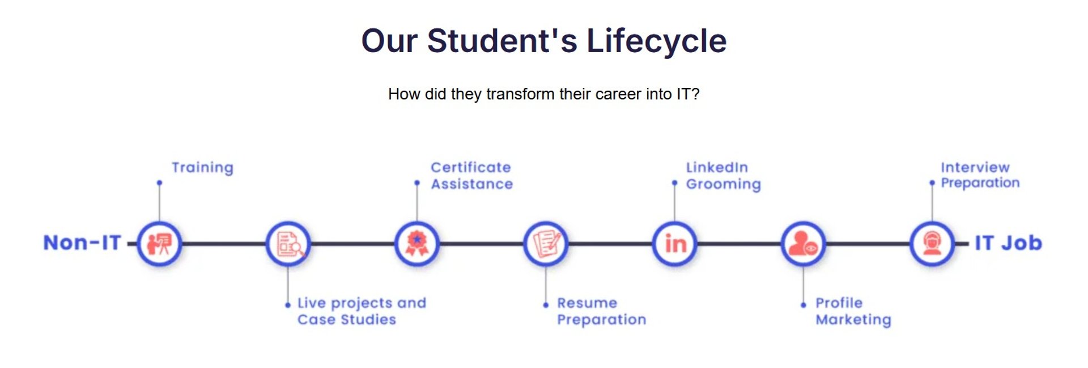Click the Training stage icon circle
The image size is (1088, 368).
click(x=160, y=244)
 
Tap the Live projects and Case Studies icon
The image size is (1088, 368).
click(x=288, y=244)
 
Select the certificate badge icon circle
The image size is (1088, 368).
click(x=417, y=244)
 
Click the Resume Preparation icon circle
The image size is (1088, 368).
click(x=546, y=244)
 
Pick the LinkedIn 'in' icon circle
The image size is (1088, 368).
click(x=675, y=244)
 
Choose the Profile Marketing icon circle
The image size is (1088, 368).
click(x=804, y=244)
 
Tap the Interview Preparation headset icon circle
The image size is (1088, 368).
click(x=932, y=244)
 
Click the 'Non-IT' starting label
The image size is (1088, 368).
click(x=82, y=243)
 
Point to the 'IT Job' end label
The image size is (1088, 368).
click(x=1008, y=243)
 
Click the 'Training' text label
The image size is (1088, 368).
click(x=202, y=168)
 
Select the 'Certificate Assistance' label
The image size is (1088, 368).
click(x=471, y=176)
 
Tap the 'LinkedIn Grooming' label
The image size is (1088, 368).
click(x=724, y=176)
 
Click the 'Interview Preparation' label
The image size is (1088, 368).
click(x=980, y=175)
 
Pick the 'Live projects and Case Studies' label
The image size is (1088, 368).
click(x=362, y=311)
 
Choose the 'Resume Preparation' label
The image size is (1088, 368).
click(x=601, y=311)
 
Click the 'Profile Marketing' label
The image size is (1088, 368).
click(x=853, y=311)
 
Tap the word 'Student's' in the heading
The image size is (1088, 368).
click(x=502, y=41)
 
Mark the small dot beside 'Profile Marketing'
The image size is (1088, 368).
click(x=804, y=305)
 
